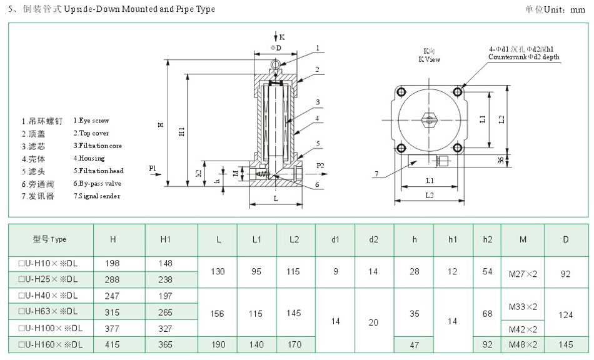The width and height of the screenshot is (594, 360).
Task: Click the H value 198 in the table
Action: tap(113, 263)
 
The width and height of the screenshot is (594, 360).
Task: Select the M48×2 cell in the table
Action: tap(523, 344)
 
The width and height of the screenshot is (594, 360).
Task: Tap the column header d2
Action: tap(374, 239)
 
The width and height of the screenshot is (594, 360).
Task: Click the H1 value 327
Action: tap(166, 328)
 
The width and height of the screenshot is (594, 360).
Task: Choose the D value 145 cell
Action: tap(566, 344)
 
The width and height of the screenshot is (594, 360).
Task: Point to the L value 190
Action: tap(217, 344)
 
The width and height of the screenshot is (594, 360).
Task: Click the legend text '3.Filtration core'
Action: tap(98, 146)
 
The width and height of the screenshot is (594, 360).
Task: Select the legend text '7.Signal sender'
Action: tap(96, 196)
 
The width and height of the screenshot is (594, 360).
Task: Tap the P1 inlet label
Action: tap(153, 167)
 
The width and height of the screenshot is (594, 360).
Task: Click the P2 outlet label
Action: tap(320, 166)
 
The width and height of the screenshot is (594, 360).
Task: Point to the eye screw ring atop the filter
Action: tap(276, 62)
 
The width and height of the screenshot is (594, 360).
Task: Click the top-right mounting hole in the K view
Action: tap(458, 92)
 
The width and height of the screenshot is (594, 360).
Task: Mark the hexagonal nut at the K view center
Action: tap(429, 119)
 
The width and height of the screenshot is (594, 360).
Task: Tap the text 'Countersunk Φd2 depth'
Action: tap(524, 57)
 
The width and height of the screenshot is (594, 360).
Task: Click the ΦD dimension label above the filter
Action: tap(276, 47)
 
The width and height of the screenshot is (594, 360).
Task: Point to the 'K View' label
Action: tap(429, 59)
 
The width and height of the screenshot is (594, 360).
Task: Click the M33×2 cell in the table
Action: tap(523, 306)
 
